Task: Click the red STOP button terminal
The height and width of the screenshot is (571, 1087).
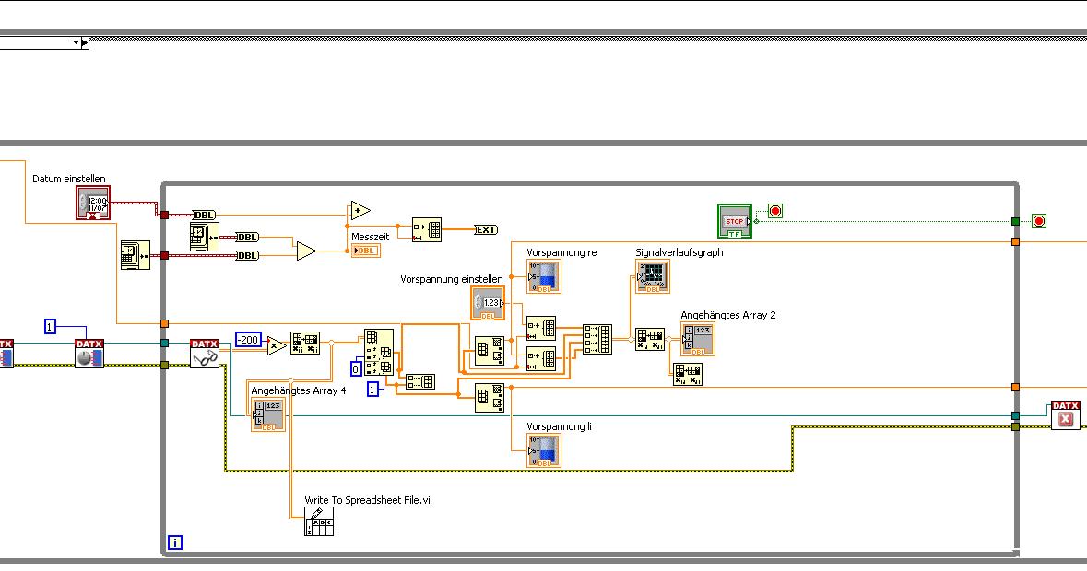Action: click(735, 221)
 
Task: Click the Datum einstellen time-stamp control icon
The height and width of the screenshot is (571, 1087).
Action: click(93, 204)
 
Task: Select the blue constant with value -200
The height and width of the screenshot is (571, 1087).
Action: click(248, 340)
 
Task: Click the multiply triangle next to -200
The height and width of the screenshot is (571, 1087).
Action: click(276, 346)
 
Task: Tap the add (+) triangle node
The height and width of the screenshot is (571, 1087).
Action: click(359, 212)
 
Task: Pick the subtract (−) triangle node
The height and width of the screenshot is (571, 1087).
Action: click(306, 250)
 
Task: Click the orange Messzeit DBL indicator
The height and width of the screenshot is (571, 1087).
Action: click(365, 251)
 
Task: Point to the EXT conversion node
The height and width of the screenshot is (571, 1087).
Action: click(486, 229)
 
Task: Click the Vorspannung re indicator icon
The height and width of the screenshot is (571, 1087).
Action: click(544, 276)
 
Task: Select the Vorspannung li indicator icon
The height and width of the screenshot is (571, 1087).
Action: click(544, 450)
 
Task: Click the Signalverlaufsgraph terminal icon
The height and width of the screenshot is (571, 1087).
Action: click(653, 276)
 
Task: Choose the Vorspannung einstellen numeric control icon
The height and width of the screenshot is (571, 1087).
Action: click(489, 303)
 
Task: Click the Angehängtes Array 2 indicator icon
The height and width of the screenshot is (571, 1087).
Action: click(698, 339)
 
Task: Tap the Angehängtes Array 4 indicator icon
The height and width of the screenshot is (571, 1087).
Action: click(268, 414)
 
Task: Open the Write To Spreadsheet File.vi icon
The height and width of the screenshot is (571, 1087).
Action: click(318, 521)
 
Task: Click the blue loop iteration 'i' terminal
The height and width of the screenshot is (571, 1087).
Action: click(175, 542)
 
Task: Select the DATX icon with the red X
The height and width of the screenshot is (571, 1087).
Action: click(1066, 415)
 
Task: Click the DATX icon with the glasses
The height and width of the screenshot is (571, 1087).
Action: click(205, 354)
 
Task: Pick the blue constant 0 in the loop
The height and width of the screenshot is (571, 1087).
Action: click(355, 369)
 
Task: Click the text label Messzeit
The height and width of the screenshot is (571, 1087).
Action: click(370, 237)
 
